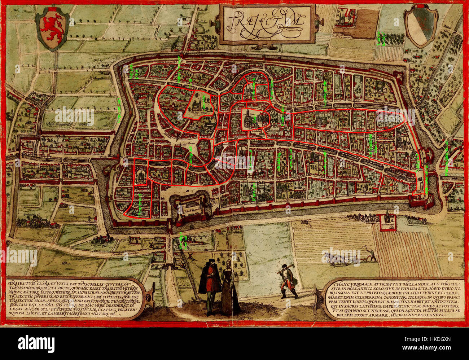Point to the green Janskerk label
[x=203, y=102]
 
